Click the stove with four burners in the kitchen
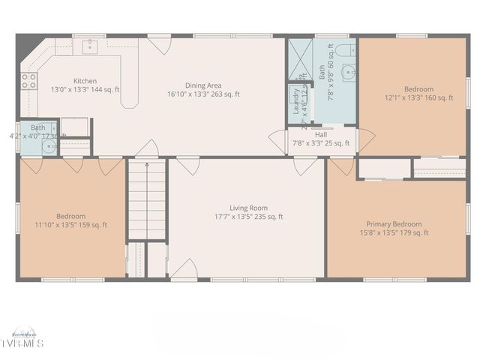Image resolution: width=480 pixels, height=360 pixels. tap(29, 81)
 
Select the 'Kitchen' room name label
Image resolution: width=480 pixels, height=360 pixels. tap(84, 80)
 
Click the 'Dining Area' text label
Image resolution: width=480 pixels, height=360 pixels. tap(203, 85)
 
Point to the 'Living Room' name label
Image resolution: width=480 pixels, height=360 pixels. tap(248, 208)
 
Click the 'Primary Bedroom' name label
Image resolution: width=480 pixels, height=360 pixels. tap(394, 223)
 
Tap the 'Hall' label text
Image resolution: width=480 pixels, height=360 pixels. tap(320, 134)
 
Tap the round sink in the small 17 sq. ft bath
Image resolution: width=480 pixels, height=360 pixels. tap(49, 146)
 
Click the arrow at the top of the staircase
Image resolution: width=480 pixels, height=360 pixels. tap(146, 164)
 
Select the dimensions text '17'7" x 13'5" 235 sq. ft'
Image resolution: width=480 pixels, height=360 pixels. tap(248, 217)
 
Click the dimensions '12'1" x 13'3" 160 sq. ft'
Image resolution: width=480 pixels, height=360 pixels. tap(418, 97)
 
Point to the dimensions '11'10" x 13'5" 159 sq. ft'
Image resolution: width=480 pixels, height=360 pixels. tap(70, 225)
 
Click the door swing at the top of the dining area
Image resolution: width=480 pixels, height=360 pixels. tap(158, 45)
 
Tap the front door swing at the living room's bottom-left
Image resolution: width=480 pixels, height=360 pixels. tap(184, 268)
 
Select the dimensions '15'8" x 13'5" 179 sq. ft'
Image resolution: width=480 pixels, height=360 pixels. tap(394, 233)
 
